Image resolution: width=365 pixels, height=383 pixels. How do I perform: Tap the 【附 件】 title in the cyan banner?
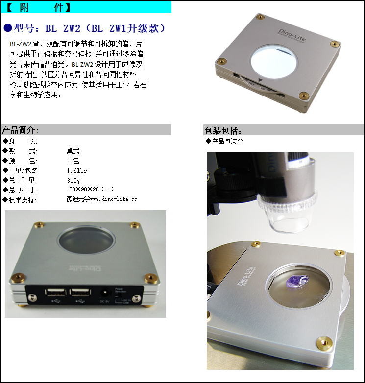[x=39, y=7]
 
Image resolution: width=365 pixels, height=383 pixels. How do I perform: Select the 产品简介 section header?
[x=21, y=130]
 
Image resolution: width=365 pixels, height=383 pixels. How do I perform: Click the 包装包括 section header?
[x=223, y=130]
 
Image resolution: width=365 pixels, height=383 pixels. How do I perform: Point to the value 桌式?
[x=73, y=151]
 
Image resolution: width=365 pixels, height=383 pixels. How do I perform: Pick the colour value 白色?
[x=73, y=161]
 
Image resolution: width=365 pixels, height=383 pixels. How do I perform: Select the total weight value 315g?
[x=74, y=180]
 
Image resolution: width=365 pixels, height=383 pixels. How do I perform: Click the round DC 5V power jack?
[x=104, y=292]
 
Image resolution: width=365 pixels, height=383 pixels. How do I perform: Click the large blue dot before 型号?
[x=7, y=28]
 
